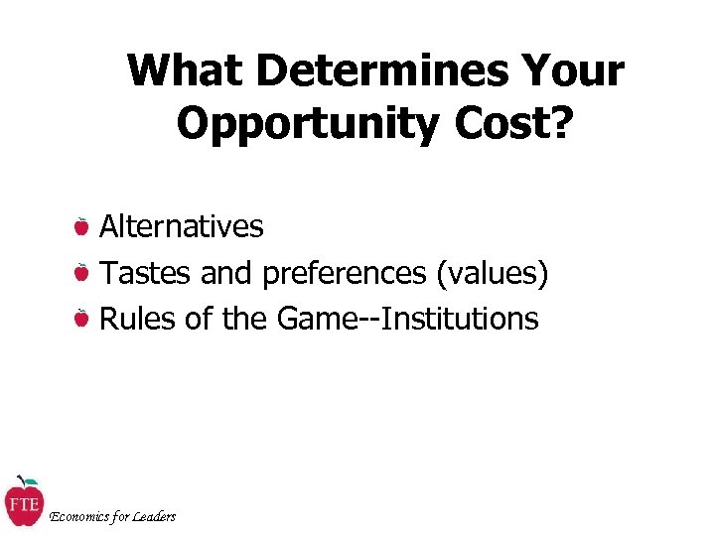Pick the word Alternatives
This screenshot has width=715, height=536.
coord(182,226)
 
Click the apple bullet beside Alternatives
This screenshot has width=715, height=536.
coord(82,226)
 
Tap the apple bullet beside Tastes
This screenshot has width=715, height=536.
coord(82,272)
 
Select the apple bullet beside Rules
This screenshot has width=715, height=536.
coord(82,319)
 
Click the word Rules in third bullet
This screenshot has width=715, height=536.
coord(134,319)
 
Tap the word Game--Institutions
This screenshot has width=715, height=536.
coord(408,319)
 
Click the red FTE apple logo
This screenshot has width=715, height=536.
coord(23,503)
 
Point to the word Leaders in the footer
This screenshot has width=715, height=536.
coord(155,516)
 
